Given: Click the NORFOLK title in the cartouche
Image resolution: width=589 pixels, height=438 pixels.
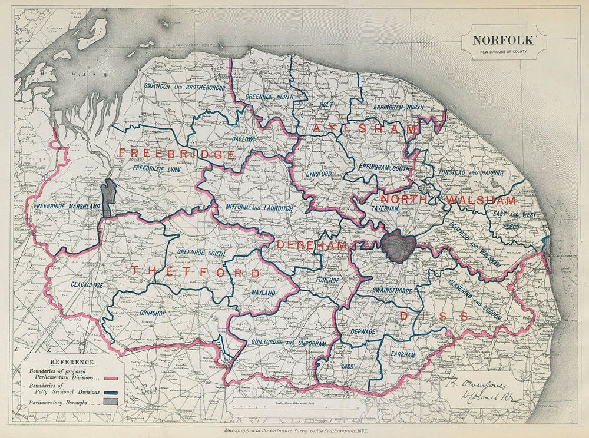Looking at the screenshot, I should pyautogui.click(x=503, y=41).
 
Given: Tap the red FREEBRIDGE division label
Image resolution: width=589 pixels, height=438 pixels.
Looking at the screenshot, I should pyautogui.click(x=177, y=154).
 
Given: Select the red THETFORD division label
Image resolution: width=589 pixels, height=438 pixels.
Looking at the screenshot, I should pyautogui.click(x=195, y=272).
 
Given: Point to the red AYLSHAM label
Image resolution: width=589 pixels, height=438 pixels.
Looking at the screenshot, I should pyautogui.click(x=365, y=128).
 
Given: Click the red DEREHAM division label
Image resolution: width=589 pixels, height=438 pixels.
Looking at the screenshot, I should pyautogui.click(x=312, y=244).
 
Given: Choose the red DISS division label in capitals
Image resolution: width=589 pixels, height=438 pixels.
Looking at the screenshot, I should pyautogui.click(x=434, y=317).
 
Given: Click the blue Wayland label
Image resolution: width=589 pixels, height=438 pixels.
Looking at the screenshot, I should pyautogui.click(x=263, y=292).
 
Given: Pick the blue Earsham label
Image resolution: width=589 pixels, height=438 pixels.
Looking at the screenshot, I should pyautogui.click(x=403, y=355).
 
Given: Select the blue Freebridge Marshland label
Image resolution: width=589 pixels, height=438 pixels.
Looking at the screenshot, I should pyautogui.click(x=67, y=207).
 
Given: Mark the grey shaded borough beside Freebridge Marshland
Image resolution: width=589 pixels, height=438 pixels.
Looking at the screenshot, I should pyautogui.click(x=108, y=198).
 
